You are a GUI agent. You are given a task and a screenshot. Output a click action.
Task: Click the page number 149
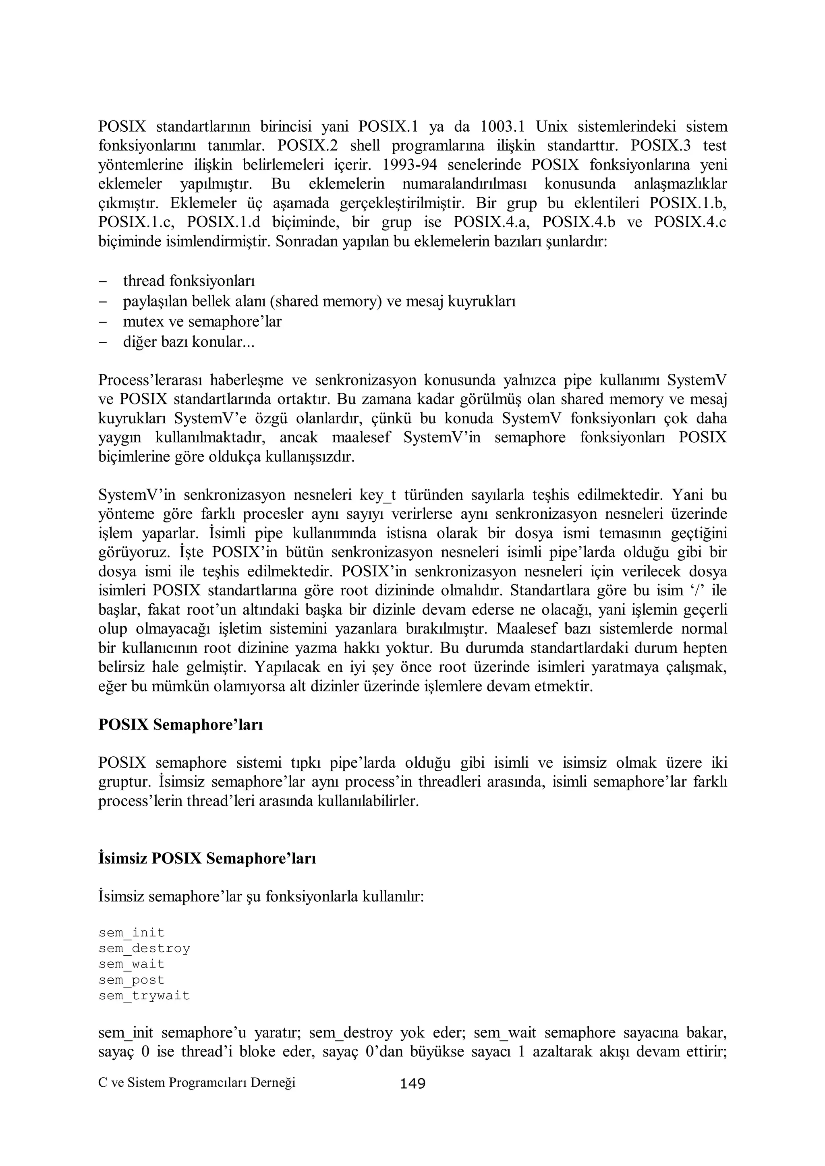tap(412, 1084)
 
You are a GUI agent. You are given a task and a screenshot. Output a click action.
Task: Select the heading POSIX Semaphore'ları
tap(180, 724)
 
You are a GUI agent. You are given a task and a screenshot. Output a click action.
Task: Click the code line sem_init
tap(132, 932)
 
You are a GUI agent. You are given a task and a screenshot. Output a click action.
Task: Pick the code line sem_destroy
tap(144, 948)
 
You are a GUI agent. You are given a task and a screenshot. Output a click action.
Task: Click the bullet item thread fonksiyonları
tap(189, 280)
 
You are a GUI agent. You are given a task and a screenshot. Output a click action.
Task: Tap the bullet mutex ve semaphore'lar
tap(202, 321)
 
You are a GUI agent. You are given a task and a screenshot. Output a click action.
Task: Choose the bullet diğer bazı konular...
tap(189, 342)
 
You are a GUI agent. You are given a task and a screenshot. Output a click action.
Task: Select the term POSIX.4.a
tap(491, 222)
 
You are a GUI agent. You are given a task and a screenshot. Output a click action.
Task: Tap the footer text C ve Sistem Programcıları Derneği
tap(197, 1082)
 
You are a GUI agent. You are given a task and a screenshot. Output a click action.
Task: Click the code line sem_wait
tap(132, 964)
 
